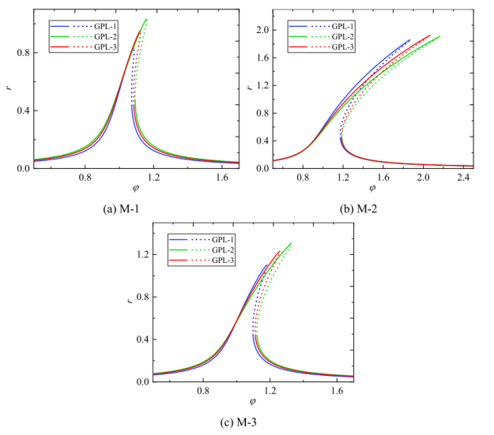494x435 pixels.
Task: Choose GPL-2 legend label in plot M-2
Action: tap(341, 37)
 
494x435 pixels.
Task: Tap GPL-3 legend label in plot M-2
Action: tap(341, 48)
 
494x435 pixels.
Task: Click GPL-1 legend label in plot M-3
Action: tap(225, 239)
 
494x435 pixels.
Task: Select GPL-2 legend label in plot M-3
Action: tap(225, 250)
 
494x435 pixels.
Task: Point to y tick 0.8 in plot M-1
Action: tap(21, 53)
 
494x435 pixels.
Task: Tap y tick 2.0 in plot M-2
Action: tap(258, 30)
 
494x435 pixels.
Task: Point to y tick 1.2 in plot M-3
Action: tap(141, 255)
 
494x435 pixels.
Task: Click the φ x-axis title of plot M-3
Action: tap(253, 402)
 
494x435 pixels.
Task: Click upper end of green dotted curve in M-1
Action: tap(146, 19)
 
